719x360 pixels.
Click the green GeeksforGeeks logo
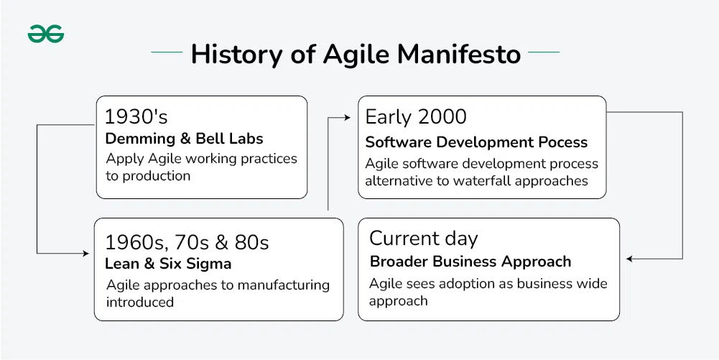click(46, 34)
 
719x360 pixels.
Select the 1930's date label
click(136, 117)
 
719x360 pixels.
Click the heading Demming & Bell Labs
click(185, 139)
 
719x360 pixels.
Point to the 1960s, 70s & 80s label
click(187, 243)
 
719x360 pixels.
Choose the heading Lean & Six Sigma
click(168, 264)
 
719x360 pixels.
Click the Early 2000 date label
click(416, 117)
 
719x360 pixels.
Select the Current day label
click(423, 239)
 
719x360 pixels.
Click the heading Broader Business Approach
click(470, 262)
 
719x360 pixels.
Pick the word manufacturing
click(284, 285)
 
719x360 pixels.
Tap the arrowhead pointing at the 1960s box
click(85, 253)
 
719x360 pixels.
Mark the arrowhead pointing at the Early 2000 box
click(347, 118)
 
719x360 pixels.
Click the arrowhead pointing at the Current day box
click(630, 259)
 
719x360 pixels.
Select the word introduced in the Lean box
click(140, 303)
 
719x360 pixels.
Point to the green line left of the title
click(167, 52)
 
